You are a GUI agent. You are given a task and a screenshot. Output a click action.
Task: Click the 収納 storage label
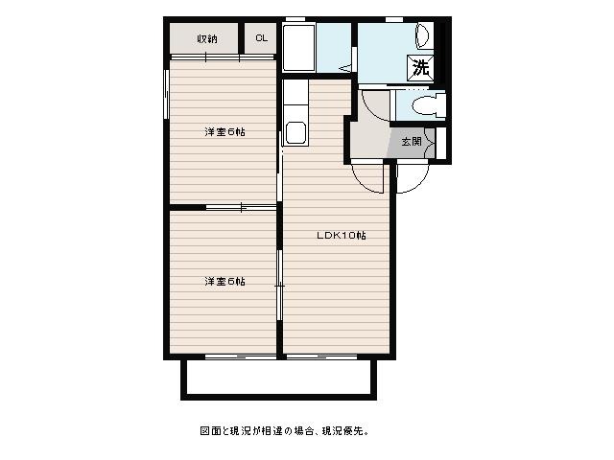click(207, 38)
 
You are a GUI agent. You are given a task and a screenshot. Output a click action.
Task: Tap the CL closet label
click(262, 38)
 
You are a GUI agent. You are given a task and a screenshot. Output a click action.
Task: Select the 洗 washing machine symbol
click(421, 68)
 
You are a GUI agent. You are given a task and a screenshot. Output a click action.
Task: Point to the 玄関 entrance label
click(412, 142)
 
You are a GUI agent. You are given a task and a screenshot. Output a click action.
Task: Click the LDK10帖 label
click(342, 236)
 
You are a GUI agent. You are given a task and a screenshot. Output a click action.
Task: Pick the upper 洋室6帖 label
click(225, 132)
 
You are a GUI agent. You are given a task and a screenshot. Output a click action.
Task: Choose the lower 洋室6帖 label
click(225, 281)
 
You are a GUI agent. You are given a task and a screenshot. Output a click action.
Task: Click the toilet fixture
click(428, 105)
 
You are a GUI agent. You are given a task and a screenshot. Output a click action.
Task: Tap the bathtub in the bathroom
click(299, 47)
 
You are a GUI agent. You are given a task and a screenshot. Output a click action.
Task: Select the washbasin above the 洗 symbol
click(423, 36)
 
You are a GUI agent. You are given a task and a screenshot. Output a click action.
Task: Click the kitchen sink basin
click(295, 132)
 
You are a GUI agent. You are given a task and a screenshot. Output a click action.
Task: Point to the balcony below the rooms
click(278, 379)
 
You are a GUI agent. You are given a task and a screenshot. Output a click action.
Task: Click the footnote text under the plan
click(285, 431)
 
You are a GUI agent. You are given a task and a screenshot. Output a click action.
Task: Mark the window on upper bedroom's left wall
click(166, 94)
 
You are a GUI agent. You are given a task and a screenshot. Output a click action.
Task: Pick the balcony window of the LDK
click(321, 356)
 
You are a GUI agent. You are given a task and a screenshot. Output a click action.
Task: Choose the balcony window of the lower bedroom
click(241, 356)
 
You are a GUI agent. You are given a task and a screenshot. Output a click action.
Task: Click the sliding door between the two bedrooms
click(241, 207)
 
